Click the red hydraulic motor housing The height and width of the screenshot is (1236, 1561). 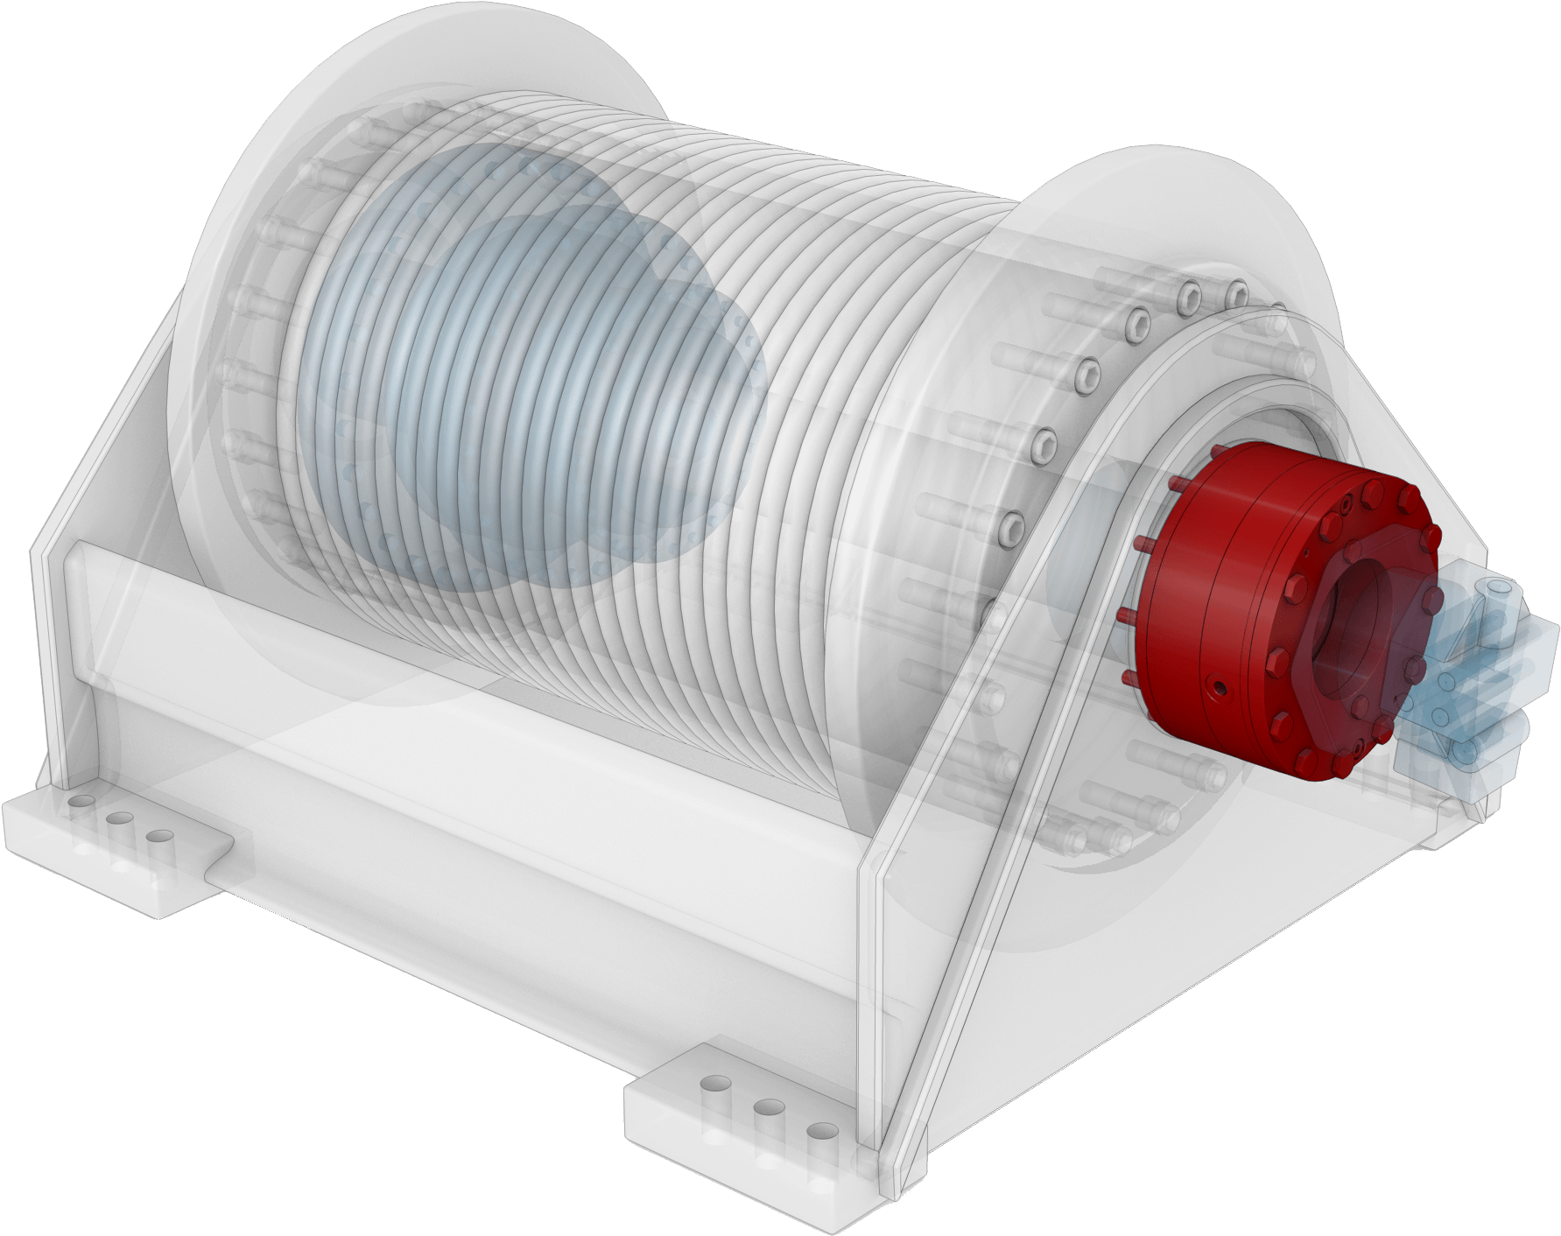point(1226,560)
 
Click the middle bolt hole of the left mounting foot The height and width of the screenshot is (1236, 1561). point(120,818)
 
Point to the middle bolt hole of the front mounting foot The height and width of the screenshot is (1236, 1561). point(768,1107)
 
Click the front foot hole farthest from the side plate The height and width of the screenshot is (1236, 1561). point(716,1085)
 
